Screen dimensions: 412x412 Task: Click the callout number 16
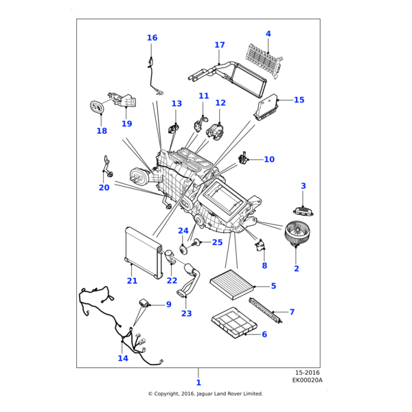tap(152, 38)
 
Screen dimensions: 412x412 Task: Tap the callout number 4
tap(268, 34)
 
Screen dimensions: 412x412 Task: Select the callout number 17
tap(219, 45)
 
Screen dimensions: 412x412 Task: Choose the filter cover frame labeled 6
tap(233, 323)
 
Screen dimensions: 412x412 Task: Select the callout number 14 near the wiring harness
tap(123, 358)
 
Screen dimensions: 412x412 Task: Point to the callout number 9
tap(168, 304)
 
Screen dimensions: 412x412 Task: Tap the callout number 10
tap(269, 159)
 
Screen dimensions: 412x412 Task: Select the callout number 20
tap(104, 187)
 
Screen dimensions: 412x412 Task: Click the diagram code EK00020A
tap(307, 380)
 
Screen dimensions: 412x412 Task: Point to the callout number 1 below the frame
tap(198, 382)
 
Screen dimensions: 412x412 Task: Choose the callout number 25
tap(217, 242)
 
